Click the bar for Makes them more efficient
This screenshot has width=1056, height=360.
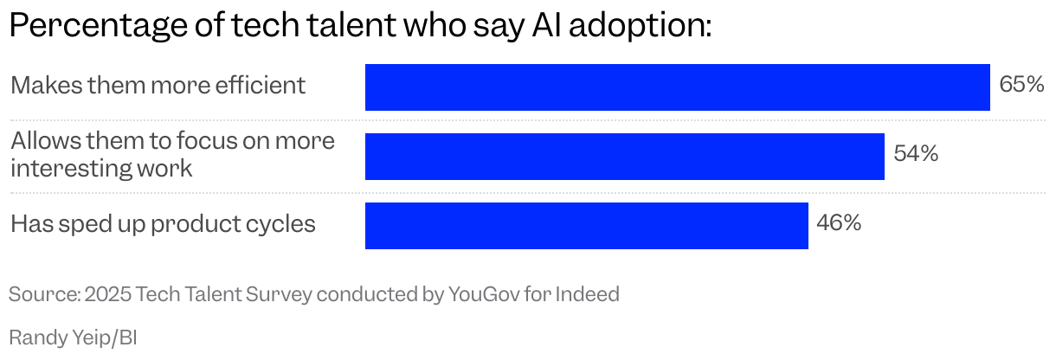(x=677, y=87)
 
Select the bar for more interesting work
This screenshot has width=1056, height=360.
(x=624, y=157)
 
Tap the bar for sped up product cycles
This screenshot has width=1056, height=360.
(x=586, y=226)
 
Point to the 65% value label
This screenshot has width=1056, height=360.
(x=1021, y=85)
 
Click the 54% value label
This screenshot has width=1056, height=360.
(x=916, y=154)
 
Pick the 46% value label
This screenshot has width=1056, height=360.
(x=839, y=223)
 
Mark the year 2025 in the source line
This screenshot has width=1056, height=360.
(x=106, y=294)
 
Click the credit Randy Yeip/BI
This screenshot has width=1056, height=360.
(x=73, y=336)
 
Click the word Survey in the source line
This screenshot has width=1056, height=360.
(x=280, y=294)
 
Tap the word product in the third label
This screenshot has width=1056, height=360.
(x=191, y=225)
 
